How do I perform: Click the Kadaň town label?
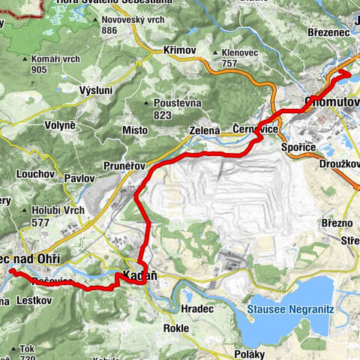tap(139, 276)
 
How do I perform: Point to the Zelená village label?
tap(203, 130)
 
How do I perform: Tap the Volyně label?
tap(61, 124)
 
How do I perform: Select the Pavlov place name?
tap(79, 178)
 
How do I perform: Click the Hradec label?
tap(197, 308)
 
